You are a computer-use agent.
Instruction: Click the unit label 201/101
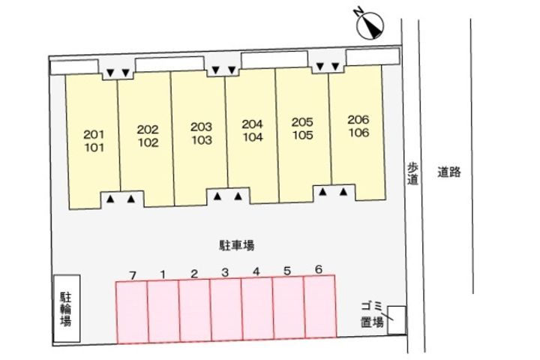[x=93, y=140]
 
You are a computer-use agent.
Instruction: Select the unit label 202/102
[x=148, y=136]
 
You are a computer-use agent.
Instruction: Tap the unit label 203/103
[x=202, y=133]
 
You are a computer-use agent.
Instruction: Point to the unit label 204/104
[x=253, y=130]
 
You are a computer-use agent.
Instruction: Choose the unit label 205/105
[x=303, y=127]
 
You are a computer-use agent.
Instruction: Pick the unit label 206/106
[x=358, y=126]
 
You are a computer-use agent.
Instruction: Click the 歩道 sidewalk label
[x=412, y=174]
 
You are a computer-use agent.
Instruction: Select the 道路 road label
[x=448, y=172]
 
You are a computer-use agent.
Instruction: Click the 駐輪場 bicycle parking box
[x=66, y=309]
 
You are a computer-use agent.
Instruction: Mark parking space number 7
[x=132, y=274]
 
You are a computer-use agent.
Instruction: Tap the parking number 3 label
[x=224, y=272]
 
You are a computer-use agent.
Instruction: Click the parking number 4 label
[x=256, y=271]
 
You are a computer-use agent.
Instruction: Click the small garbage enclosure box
[x=396, y=320]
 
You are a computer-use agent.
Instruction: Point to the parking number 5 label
[x=288, y=271]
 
